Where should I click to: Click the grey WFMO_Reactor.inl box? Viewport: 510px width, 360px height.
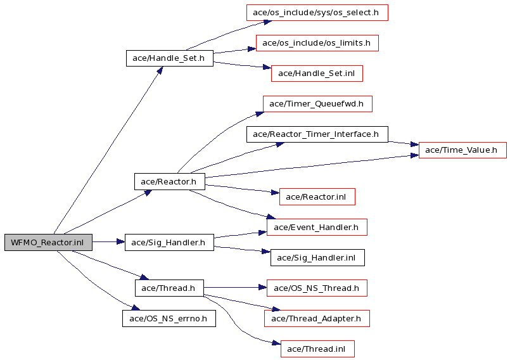click(x=48, y=243)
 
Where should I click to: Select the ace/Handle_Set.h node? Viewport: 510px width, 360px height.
click(x=170, y=58)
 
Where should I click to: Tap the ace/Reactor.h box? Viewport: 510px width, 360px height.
click(x=170, y=182)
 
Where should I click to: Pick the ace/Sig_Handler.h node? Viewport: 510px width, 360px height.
click(x=169, y=243)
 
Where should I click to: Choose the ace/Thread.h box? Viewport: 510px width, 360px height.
click(x=169, y=288)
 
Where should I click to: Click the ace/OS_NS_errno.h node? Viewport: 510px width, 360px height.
click(x=169, y=318)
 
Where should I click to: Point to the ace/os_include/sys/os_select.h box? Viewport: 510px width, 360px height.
click(x=317, y=13)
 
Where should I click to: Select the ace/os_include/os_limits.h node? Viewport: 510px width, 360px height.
click(x=317, y=43)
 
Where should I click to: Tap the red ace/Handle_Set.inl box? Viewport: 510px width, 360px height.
click(x=317, y=74)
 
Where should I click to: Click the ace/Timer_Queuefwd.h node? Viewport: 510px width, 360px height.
click(x=317, y=104)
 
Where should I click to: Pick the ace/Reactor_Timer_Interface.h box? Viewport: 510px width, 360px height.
click(x=317, y=134)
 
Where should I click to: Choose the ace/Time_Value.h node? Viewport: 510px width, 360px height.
click(x=462, y=150)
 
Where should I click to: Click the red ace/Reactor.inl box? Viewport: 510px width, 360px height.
click(x=317, y=197)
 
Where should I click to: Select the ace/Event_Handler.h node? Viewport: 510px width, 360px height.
click(x=317, y=227)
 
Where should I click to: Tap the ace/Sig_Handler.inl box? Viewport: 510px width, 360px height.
click(x=317, y=258)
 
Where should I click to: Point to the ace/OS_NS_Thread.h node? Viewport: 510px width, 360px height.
click(x=317, y=288)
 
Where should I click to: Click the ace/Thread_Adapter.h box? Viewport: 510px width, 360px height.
click(x=317, y=318)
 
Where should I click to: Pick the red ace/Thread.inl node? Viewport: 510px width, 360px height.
click(x=317, y=349)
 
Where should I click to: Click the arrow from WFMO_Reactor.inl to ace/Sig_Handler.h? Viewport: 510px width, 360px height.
click(x=108, y=242)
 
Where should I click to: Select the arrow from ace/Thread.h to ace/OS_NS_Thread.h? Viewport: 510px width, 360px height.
click(x=235, y=287)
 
